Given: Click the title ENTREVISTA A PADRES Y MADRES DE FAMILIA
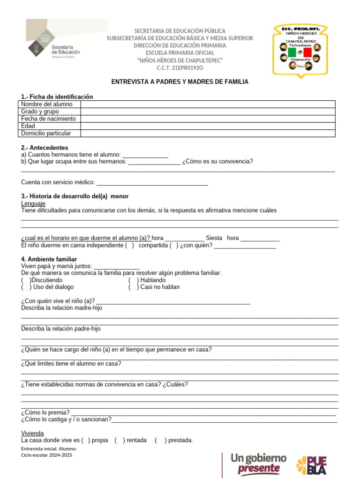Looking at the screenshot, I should pos(180,82).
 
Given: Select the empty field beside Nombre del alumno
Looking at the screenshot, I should pos(208,104).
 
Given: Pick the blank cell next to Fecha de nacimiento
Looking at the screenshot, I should pos(208,119).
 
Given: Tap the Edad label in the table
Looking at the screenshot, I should pos(28,126).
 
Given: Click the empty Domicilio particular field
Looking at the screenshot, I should pos(208,133).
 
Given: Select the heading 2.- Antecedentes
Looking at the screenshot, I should pos(45,148).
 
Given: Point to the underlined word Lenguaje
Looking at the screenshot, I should pos(33,203).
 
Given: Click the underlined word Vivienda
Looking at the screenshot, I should pos(32,433).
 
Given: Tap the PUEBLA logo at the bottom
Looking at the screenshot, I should pos(311,465).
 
